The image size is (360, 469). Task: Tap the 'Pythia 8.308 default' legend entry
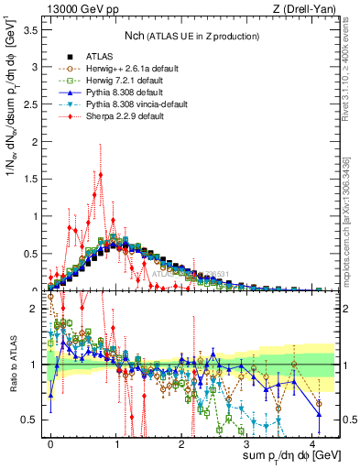(121, 93)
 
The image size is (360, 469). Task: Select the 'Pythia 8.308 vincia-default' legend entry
(133, 106)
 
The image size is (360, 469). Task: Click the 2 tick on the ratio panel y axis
(35, 309)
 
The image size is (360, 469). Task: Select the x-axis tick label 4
(312, 442)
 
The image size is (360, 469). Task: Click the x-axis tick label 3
(247, 442)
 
